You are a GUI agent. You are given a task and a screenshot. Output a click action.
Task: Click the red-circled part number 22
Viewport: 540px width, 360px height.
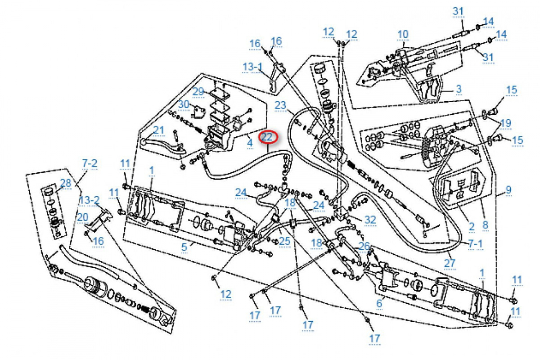click(268, 137)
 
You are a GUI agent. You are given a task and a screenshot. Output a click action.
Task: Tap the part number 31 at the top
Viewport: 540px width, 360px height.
click(458, 11)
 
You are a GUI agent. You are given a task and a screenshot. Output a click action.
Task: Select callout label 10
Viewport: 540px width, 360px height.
click(403, 34)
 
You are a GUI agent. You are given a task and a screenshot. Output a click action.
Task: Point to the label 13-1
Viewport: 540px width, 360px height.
click(252, 67)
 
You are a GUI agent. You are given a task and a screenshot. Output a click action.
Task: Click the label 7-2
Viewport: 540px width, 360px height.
click(89, 163)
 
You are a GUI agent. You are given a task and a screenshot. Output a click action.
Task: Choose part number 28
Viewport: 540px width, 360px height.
click(66, 183)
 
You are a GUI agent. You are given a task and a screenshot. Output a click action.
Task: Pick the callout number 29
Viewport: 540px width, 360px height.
click(198, 91)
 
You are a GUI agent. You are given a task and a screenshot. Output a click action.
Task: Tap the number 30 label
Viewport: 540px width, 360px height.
click(183, 104)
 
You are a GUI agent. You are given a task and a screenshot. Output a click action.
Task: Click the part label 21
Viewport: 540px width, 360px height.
click(159, 130)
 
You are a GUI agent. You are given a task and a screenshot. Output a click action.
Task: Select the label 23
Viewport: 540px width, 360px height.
click(280, 106)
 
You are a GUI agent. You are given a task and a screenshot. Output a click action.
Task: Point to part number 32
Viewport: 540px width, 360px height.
click(370, 220)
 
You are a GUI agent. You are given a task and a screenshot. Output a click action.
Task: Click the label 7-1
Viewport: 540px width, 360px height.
click(475, 243)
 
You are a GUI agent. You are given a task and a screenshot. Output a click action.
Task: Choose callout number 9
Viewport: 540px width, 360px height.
click(508, 190)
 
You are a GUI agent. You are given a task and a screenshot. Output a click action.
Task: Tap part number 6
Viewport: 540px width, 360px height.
click(379, 304)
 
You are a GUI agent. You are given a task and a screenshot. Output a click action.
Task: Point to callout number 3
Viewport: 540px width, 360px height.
click(459, 89)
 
